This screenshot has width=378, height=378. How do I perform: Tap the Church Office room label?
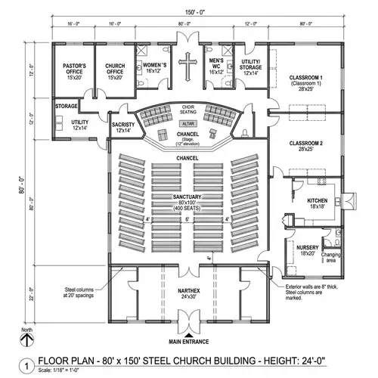tap(116, 71)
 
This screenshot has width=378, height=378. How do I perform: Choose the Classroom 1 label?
tap(305, 82)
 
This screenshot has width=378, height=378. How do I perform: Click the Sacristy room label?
tap(122, 127)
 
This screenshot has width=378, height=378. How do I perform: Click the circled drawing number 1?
tap(27, 364)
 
